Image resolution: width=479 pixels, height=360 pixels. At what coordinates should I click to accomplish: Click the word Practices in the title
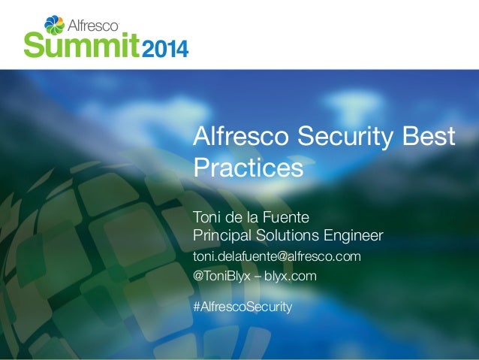click(248, 167)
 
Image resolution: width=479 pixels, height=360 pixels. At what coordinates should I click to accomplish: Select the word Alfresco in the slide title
click(241, 138)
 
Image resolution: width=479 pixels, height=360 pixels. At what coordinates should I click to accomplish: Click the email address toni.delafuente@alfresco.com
click(277, 257)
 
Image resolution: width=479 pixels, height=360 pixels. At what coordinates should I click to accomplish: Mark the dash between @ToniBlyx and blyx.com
click(258, 277)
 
